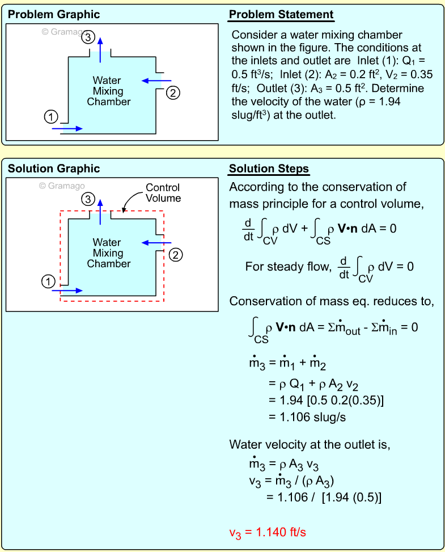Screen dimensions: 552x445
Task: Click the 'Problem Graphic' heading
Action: (54, 15)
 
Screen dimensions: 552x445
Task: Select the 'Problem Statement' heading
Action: (281, 15)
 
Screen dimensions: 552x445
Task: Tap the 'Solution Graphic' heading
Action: (53, 168)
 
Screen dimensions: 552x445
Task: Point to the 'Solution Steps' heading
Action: (269, 168)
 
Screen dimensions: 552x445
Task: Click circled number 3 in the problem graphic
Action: (88, 37)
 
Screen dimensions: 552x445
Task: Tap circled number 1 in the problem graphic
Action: (51, 117)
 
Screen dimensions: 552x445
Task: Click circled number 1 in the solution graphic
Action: (49, 280)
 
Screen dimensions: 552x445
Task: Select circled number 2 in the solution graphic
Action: (176, 255)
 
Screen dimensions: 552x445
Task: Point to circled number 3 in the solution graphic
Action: (87, 199)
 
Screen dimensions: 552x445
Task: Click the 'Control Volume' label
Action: (163, 193)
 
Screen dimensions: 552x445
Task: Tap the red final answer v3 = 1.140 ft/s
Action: (268, 533)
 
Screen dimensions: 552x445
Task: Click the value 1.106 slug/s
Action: (307, 417)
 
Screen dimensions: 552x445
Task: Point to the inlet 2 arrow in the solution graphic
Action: (152, 243)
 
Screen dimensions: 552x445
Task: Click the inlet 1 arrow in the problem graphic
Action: (67, 129)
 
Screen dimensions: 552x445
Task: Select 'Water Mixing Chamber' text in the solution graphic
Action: (108, 253)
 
